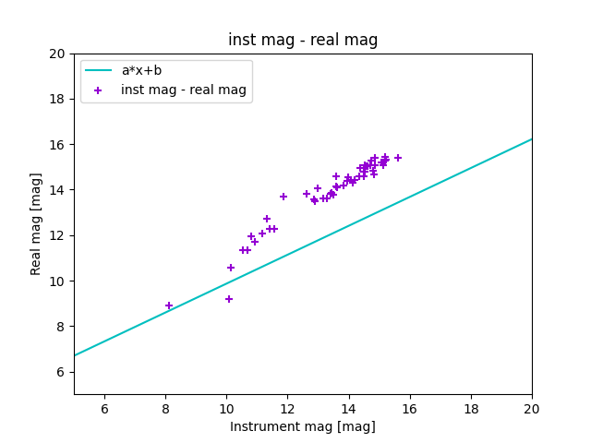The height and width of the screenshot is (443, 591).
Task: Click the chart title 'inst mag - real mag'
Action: [303, 40]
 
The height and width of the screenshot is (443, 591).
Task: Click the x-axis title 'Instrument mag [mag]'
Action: [303, 426]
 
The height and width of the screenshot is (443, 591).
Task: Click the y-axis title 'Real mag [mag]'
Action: [37, 223]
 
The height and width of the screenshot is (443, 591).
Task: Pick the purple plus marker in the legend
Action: [99, 90]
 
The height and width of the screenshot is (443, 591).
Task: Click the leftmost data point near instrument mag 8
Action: [169, 305]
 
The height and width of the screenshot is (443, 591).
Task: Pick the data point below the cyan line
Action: [229, 299]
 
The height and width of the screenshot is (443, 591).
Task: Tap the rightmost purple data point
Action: [398, 158]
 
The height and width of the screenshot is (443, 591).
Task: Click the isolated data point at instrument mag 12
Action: [283, 197]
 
